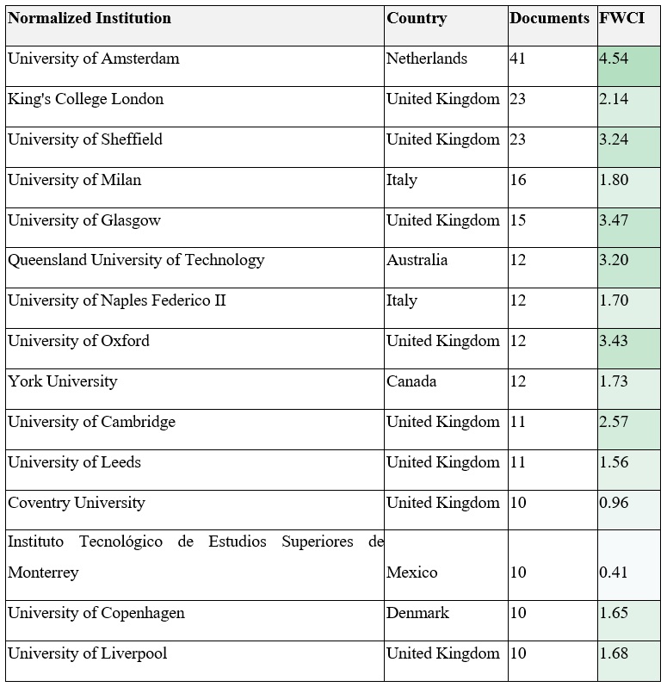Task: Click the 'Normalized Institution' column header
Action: click(90, 18)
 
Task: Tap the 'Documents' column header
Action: click(549, 18)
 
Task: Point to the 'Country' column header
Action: click(417, 18)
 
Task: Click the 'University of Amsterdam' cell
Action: click(93, 59)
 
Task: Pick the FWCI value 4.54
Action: click(614, 59)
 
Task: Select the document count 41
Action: click(517, 59)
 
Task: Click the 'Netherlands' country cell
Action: click(427, 59)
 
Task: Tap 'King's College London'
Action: click(85, 99)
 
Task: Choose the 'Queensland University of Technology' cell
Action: click(136, 260)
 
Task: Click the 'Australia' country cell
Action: click(417, 260)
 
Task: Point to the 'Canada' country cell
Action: click(411, 381)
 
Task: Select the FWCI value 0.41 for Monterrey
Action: click(614, 572)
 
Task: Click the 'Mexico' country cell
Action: click(411, 572)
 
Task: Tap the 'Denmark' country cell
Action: click(417, 613)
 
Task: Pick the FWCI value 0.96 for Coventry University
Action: click(614, 503)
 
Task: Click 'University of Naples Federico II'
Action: click(117, 300)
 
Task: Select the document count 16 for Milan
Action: click(517, 180)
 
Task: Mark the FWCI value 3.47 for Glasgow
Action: click(614, 220)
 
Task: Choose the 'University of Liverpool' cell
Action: click(87, 653)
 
